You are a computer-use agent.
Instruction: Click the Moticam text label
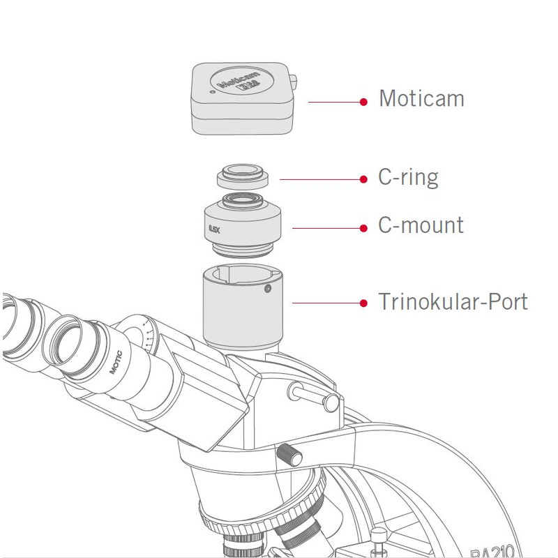(421, 98)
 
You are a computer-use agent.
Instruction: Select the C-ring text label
(408, 177)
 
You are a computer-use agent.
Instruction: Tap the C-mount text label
(421, 225)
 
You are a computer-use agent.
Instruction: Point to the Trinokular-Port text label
(453, 302)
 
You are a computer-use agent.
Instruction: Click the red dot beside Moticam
(363, 102)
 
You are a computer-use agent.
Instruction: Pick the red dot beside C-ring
(363, 179)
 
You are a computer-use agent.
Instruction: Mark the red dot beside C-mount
(363, 228)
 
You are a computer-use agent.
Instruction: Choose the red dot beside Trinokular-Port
(363, 303)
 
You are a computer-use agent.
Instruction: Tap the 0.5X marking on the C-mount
(214, 228)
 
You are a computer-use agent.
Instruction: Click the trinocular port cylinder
(241, 307)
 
